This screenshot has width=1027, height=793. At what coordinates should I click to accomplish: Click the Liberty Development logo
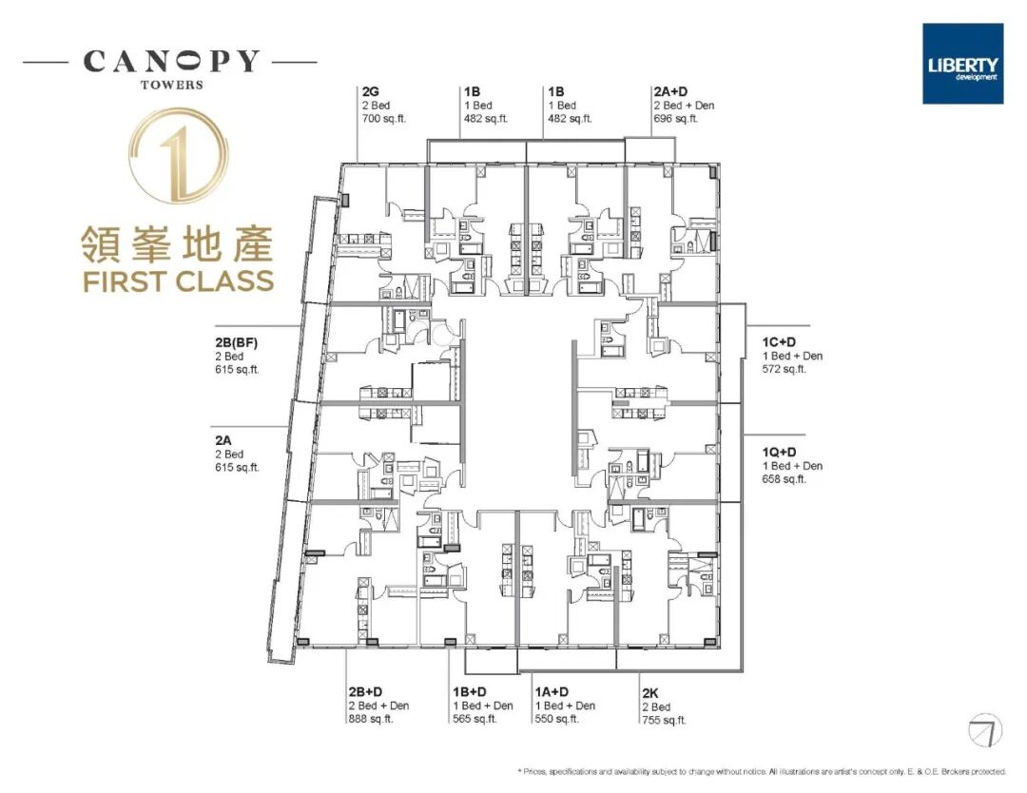tap(962, 64)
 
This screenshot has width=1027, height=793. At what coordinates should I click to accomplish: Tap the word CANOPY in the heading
tap(171, 62)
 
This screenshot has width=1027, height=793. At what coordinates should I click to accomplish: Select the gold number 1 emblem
tap(179, 155)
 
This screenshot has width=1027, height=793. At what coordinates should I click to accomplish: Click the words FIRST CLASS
tap(178, 281)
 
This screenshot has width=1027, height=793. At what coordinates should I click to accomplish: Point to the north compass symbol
tap(985, 730)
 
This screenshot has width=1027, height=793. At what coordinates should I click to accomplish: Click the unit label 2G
tap(370, 92)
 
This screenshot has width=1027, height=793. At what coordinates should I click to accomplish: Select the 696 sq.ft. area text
tap(676, 119)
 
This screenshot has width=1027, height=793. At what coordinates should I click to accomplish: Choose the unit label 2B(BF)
tap(237, 343)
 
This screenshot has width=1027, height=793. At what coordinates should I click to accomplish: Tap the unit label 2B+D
tap(365, 692)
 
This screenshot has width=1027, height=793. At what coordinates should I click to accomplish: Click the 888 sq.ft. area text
tap(371, 719)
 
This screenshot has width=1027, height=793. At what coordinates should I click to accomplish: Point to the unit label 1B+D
tap(470, 692)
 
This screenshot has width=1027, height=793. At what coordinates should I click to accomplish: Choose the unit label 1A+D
tap(552, 692)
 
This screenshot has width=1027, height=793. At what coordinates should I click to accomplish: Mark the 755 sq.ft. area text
tap(664, 720)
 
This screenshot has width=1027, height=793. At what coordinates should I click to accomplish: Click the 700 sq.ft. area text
tap(383, 119)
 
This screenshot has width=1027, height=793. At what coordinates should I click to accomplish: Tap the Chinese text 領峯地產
tap(178, 243)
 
